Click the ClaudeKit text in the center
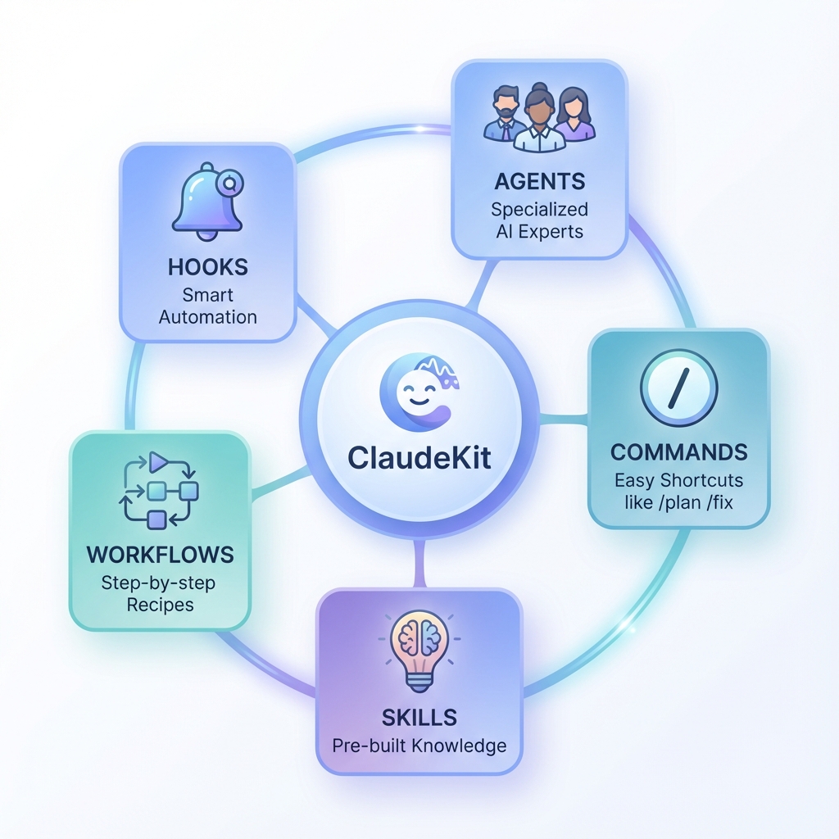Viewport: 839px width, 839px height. tap(419, 456)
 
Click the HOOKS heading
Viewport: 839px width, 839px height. tap(207, 268)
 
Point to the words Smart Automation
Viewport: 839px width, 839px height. tap(207, 306)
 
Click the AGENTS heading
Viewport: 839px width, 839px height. tap(539, 181)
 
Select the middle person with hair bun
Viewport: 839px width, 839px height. tap(539, 121)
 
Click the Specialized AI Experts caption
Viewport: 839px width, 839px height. tap(539, 220)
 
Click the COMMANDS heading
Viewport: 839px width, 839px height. tap(678, 452)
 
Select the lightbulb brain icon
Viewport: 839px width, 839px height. tap(419, 646)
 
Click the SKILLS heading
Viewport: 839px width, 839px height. tap(419, 717)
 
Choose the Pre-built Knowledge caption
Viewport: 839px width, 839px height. tap(419, 746)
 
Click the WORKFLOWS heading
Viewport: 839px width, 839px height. tap(160, 554)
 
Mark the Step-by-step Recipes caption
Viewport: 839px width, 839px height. tap(160, 594)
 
